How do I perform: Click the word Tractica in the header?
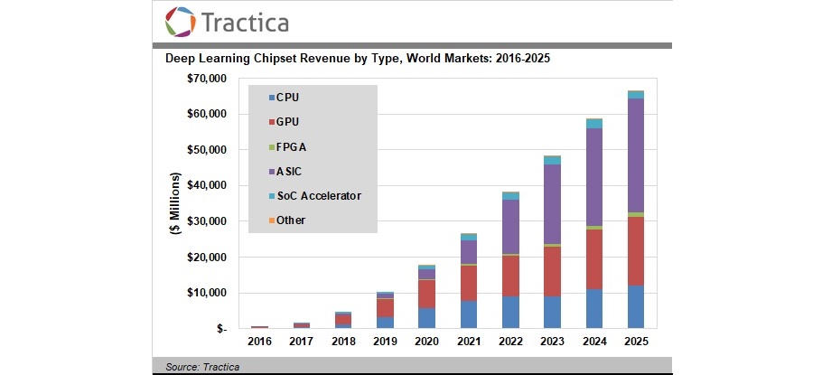[245, 22]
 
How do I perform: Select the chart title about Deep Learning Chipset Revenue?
[358, 60]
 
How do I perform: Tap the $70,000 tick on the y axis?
[208, 79]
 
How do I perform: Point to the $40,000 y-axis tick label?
[208, 185]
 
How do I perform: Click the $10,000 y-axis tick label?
[208, 293]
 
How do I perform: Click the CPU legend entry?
[286, 97]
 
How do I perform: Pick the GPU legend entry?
[286, 121]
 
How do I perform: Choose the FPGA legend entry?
[289, 145]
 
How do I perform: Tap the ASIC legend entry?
[288, 170]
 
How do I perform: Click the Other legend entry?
[290, 220]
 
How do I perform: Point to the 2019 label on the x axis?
[386, 341]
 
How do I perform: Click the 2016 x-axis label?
[260, 341]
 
